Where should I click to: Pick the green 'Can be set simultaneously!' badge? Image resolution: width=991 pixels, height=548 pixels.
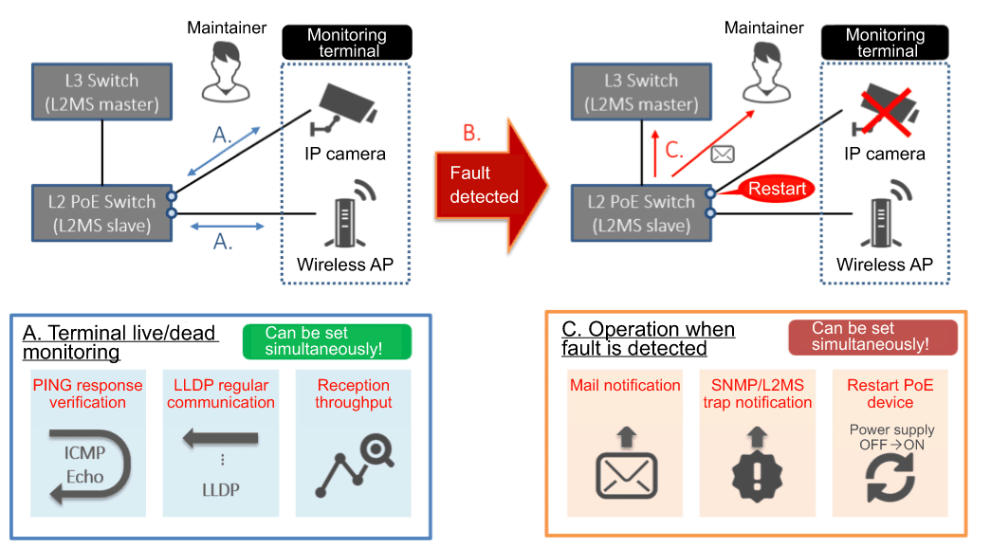[326, 342]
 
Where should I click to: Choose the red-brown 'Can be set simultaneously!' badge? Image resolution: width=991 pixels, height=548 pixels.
[872, 338]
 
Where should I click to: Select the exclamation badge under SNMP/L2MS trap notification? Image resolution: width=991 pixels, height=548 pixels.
[756, 471]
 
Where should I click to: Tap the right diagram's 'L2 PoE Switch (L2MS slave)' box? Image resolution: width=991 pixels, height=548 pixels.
[642, 212]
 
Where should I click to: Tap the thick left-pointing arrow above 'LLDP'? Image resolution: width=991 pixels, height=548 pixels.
[221, 437]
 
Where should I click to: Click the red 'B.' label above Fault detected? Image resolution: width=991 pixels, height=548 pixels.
[471, 133]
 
